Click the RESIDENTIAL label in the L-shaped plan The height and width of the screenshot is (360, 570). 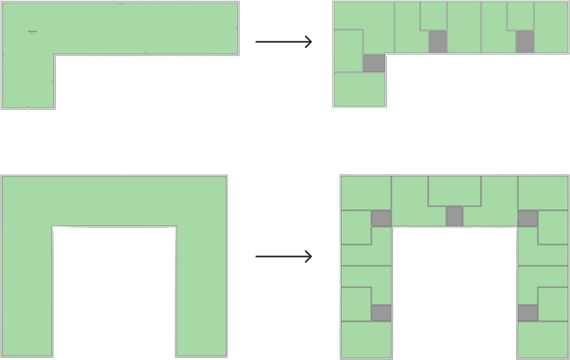point(33,33)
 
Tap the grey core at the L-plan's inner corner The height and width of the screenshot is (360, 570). point(374,63)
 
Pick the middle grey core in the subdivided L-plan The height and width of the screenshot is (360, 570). point(438,41)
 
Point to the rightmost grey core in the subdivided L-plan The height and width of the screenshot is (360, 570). point(525,41)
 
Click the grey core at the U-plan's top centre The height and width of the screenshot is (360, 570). point(454,216)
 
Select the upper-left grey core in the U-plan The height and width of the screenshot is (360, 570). point(381,218)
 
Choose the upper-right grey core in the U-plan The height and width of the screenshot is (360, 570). point(528,218)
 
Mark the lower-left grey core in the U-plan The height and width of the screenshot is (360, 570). point(381,313)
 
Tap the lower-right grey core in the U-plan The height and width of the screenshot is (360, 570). point(528,313)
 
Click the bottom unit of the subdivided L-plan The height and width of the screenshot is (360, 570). point(360,89)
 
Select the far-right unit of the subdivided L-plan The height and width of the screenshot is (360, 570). point(551,27)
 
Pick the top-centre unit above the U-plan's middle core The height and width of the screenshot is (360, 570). point(454,191)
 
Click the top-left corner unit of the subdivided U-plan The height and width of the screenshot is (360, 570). point(366,192)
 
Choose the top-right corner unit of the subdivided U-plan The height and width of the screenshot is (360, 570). point(543,192)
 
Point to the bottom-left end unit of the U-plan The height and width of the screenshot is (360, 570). point(366,340)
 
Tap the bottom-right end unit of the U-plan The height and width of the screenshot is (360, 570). point(543,340)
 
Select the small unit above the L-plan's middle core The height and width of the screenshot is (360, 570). point(434,16)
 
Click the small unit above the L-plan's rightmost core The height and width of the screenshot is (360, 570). point(521,16)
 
